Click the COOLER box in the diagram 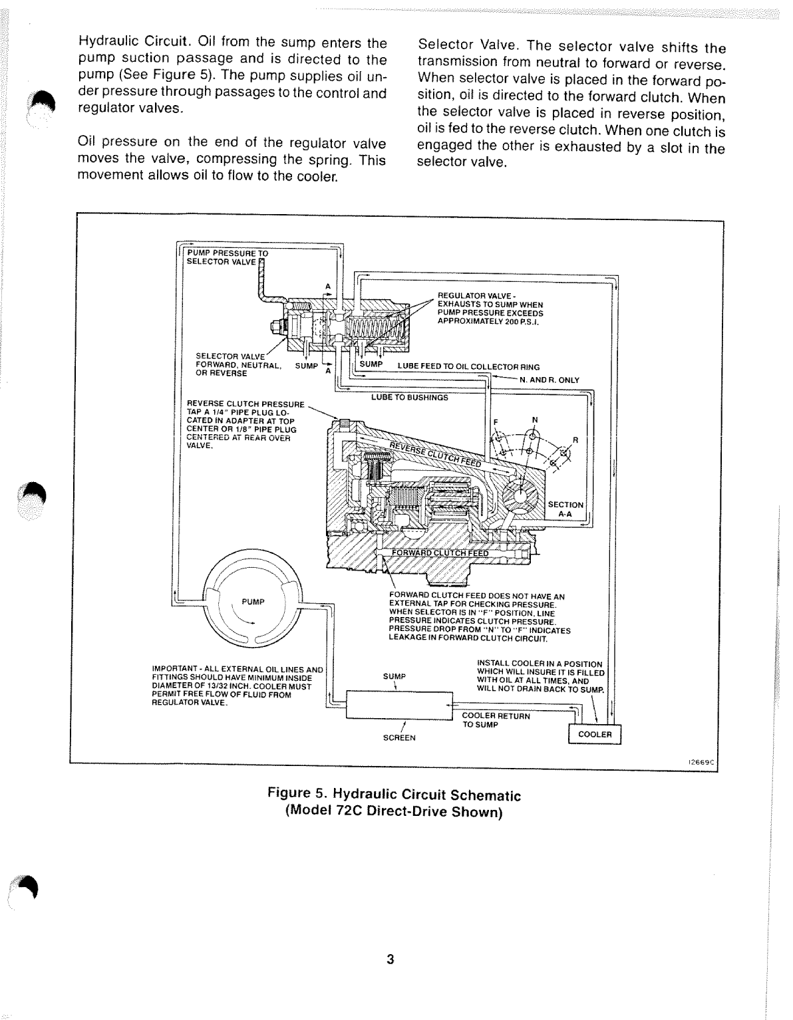pyautogui.click(x=594, y=734)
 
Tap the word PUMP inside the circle pyautogui.click(x=253, y=601)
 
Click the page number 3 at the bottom pyautogui.click(x=391, y=959)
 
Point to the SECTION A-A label pyautogui.click(x=565, y=509)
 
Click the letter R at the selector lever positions pyautogui.click(x=575, y=440)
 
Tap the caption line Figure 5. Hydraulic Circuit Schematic pyautogui.click(x=394, y=795)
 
